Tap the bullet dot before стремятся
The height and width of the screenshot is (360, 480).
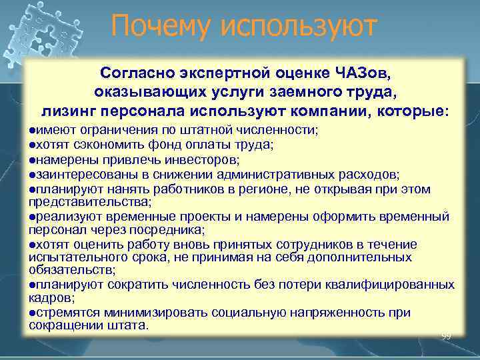32,313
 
